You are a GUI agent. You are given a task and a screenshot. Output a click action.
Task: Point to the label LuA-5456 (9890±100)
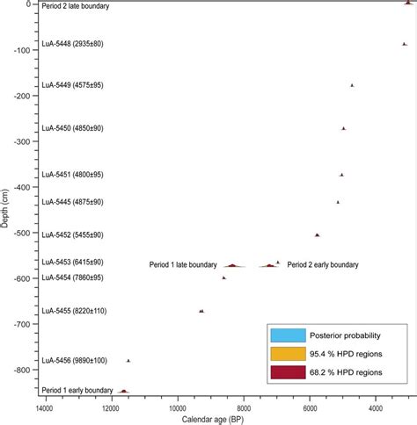74,360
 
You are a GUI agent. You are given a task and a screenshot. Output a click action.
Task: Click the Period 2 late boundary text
77,6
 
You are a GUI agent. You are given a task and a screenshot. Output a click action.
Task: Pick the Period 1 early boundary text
77,390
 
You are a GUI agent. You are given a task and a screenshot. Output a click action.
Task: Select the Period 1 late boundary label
183,264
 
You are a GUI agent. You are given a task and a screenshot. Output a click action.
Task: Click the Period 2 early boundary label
323,264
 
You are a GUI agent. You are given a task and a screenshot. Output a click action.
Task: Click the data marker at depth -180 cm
352,85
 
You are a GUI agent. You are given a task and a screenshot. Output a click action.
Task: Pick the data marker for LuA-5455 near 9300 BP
201,311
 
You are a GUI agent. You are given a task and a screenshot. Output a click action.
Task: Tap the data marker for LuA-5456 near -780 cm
128,361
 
